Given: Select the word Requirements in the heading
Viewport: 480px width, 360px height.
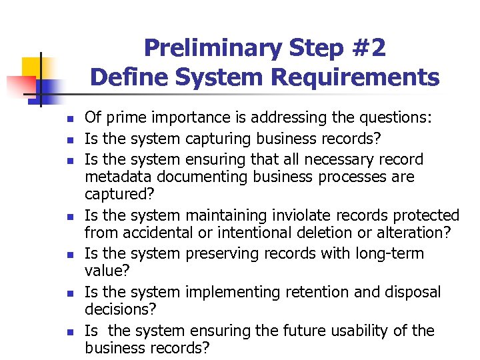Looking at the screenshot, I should point(355,77).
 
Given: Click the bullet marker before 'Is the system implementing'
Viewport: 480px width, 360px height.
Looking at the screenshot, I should point(69,293).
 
